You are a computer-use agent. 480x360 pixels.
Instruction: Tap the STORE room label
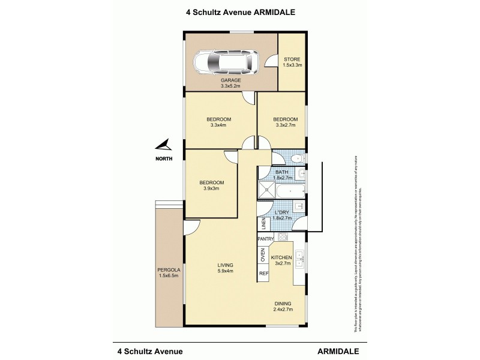[292, 61]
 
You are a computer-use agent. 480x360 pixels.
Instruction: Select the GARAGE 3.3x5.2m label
[231, 83]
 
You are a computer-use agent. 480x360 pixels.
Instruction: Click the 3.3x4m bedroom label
[220, 122]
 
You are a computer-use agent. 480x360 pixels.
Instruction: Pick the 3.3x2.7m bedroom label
[281, 122]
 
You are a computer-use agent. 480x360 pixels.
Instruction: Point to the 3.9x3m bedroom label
[212, 185]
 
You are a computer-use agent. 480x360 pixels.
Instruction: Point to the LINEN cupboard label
[263, 224]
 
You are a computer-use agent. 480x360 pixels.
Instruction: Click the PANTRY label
[265, 239]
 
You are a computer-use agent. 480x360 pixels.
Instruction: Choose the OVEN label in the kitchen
[263, 255]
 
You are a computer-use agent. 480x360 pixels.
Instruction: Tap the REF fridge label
[263, 273]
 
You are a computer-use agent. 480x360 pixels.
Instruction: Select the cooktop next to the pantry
[280, 239]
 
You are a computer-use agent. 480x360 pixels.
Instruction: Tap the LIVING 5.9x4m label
[225, 268]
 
